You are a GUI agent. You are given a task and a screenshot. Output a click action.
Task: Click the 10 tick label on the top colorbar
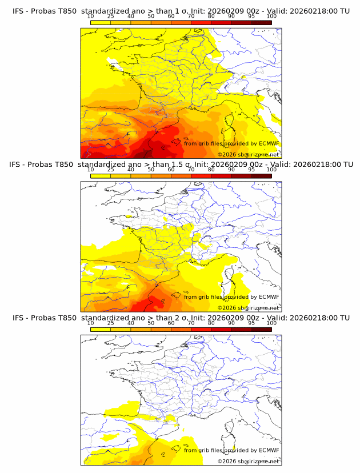90,17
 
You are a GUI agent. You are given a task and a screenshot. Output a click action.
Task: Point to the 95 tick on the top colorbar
251,17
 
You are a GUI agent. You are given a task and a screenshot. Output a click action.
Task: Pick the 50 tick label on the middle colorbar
151,170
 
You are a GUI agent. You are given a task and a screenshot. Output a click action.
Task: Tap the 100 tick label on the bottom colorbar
271,323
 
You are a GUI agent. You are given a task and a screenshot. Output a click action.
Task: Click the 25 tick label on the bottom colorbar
110,323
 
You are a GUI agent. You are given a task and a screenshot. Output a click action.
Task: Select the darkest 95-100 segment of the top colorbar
261,22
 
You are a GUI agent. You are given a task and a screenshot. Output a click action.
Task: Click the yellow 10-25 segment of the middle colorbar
101,176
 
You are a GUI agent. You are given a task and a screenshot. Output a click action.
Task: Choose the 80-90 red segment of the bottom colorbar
221,329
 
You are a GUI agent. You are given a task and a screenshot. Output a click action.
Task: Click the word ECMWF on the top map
269,143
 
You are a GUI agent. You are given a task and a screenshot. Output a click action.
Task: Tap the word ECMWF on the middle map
269,296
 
